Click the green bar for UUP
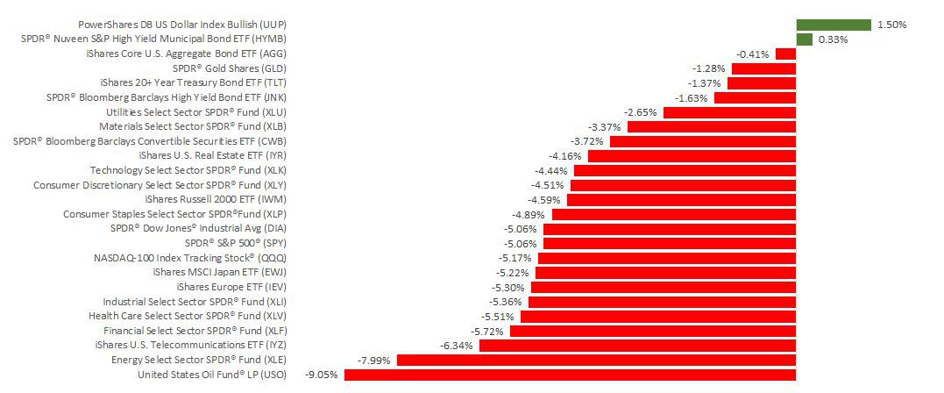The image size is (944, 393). pos(833,25)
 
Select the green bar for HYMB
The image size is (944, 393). pos(804,39)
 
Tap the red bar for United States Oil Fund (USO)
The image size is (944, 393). pos(570,375)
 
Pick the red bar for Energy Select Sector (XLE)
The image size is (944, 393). pos(596,360)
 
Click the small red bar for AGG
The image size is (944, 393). pos(785,54)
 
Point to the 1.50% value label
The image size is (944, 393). pos(891,25)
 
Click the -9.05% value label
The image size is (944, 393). pos(322,375)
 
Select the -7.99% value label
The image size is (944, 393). pos(374,360)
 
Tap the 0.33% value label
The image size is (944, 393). pos(833,39)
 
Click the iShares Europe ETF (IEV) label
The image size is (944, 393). pos(231,287)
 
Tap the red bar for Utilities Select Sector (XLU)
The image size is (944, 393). pos(729,112)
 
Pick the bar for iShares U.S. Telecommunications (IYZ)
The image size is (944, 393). pos(637,346)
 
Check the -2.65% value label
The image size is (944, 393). pos(641,112)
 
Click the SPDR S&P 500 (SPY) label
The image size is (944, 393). pos(236,243)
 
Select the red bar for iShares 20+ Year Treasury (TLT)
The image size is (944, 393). pos(762,82)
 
